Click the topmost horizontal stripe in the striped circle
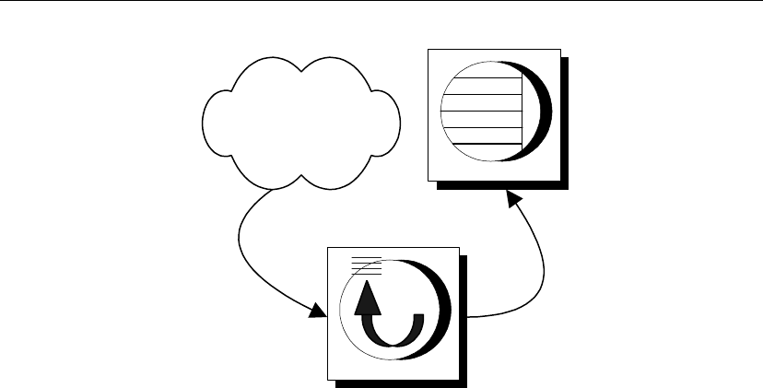(482, 79)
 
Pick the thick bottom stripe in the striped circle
(481, 143)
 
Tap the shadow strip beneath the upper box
(502, 184)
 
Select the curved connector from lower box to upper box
(534, 276)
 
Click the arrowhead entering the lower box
(318, 312)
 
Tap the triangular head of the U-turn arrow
(368, 297)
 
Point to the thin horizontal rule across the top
(381, 2)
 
